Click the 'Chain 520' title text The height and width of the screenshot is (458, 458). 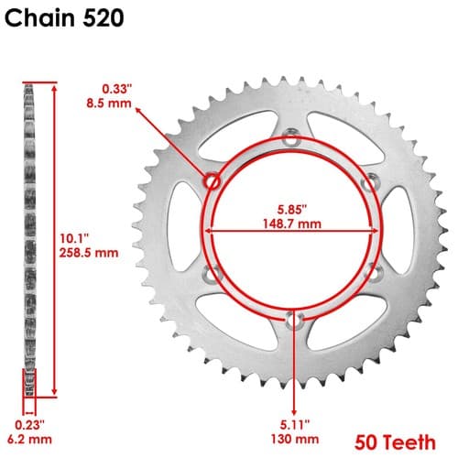point(64,18)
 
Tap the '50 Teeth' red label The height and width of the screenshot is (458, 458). point(395,442)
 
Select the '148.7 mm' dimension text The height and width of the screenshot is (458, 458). point(292,224)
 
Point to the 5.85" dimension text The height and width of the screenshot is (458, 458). point(292,210)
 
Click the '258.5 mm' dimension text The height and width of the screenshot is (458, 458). point(89,253)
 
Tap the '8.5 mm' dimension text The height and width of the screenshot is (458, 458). point(109,104)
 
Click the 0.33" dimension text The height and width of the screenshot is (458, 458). point(117,89)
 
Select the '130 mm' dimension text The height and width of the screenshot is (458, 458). point(295,440)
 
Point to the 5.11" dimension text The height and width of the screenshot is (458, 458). point(295,425)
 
